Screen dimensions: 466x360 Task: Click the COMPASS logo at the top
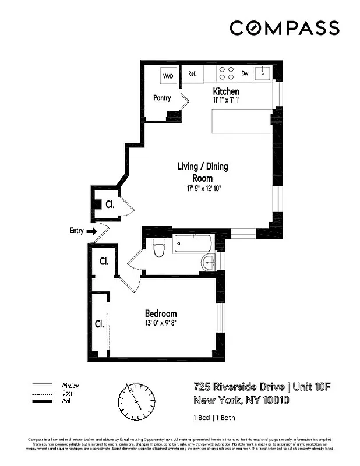tap(284, 28)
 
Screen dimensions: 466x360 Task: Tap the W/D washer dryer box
tap(168, 76)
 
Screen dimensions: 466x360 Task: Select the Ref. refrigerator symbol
tap(193, 74)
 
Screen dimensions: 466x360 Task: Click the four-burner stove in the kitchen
tap(227, 73)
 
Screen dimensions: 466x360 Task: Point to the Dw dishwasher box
tap(245, 73)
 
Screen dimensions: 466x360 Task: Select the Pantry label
tap(162, 98)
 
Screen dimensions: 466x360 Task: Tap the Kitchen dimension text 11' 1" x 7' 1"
tap(226, 100)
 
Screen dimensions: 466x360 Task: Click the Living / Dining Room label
tap(202, 172)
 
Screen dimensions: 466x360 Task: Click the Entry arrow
tap(91, 231)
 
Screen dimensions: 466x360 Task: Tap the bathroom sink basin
tap(209, 263)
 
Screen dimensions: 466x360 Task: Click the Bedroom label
tap(161, 313)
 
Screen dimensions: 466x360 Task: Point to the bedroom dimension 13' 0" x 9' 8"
tap(161, 323)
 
